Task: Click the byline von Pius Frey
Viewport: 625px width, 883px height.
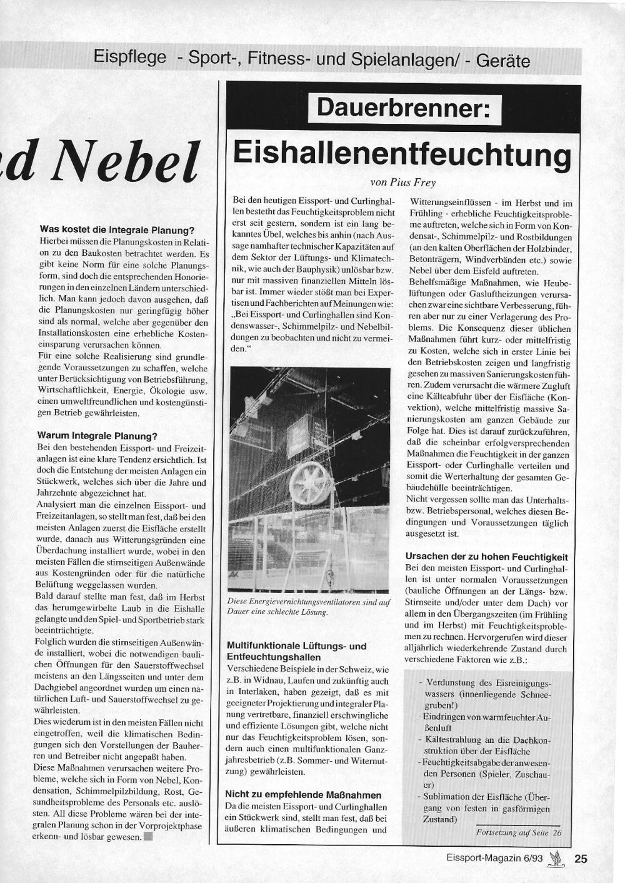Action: click(x=402, y=183)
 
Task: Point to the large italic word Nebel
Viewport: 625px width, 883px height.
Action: click(x=126, y=161)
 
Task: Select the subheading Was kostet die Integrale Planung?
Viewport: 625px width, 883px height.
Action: click(x=117, y=230)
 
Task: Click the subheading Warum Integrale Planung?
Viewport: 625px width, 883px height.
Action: click(x=97, y=436)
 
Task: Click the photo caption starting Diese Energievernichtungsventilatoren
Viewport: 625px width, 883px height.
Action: click(x=309, y=607)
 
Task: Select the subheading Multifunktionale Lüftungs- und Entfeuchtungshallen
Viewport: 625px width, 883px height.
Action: click(x=296, y=651)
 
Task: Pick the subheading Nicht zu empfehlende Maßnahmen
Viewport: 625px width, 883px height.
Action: click(x=303, y=795)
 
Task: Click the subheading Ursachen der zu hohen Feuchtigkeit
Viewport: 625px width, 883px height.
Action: click(x=486, y=556)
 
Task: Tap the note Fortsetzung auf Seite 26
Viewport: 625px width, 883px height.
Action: click(x=519, y=832)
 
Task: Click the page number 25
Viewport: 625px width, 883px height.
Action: click(x=581, y=859)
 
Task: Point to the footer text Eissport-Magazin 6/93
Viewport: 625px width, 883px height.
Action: click(x=494, y=859)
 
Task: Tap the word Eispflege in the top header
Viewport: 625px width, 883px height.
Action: click(x=130, y=58)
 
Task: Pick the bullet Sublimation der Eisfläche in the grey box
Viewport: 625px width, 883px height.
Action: click(x=486, y=807)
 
